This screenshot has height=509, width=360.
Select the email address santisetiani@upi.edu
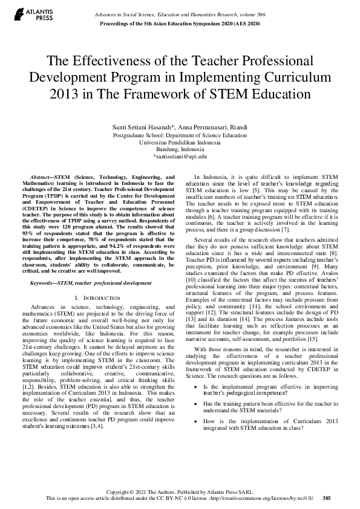[180, 156]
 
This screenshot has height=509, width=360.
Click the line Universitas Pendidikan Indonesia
[180, 143]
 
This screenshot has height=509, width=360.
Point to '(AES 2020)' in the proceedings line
[245, 22]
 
